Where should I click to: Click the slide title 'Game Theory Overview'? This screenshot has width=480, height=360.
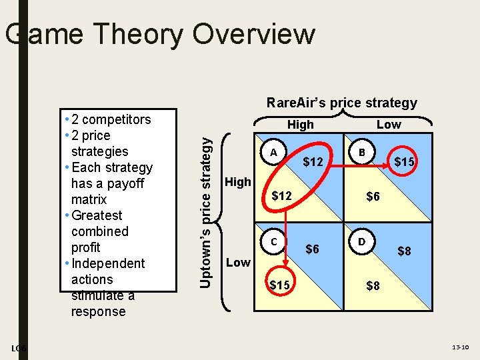pyautogui.click(x=160, y=34)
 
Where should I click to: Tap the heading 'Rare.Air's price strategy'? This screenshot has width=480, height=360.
pyautogui.click(x=341, y=103)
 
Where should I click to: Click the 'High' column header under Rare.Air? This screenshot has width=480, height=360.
pyautogui.click(x=300, y=125)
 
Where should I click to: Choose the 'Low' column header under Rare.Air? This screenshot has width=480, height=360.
pyautogui.click(x=389, y=125)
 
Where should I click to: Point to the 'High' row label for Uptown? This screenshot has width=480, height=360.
pyautogui.click(x=238, y=181)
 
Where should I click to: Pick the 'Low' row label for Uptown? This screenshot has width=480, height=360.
pyautogui.click(x=237, y=262)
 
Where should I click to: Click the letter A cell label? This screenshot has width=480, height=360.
pyautogui.click(x=273, y=153)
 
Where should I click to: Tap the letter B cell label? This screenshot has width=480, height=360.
pyautogui.click(x=361, y=153)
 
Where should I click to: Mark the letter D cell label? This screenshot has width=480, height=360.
pyautogui.click(x=361, y=241)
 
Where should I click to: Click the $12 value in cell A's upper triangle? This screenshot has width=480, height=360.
pyautogui.click(x=313, y=162)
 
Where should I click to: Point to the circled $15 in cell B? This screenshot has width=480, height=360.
pyautogui.click(x=405, y=162)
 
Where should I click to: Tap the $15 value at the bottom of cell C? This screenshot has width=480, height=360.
pyautogui.click(x=280, y=285)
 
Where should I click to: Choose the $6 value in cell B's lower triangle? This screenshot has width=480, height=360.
pyautogui.click(x=373, y=197)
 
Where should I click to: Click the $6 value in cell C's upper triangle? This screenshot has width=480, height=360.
pyautogui.click(x=312, y=249)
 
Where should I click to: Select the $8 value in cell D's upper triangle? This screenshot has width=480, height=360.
pyautogui.click(x=404, y=251)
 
